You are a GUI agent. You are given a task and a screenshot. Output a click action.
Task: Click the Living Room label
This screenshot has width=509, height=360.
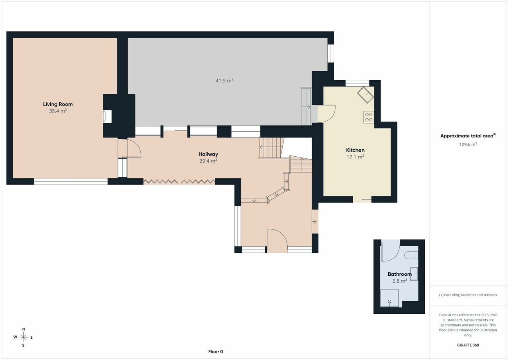pyautogui.click(x=58, y=104)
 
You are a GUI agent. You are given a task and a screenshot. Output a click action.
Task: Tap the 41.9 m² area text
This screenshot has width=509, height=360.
pyautogui.click(x=225, y=81)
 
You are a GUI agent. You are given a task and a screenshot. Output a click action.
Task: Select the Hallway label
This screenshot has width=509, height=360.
pyautogui.click(x=208, y=154)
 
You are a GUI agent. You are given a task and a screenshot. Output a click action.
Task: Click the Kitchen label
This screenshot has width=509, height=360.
pyautogui.click(x=355, y=150)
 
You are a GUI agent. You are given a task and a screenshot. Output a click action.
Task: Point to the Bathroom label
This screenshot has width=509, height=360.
pyautogui.click(x=399, y=274)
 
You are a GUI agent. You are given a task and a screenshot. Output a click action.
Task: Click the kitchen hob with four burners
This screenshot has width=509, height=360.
pyautogui.click(x=369, y=117)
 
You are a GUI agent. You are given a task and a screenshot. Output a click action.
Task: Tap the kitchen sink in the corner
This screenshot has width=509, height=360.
pyautogui.click(x=366, y=95)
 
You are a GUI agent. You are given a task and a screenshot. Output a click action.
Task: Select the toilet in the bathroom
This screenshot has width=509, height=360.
pyautogui.click(x=411, y=255)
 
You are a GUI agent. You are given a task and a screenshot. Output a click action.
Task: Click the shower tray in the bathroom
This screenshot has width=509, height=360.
pyautogui.click(x=390, y=298)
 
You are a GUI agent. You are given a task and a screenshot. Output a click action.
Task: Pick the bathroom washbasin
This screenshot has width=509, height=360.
pyautogui.click(x=414, y=274)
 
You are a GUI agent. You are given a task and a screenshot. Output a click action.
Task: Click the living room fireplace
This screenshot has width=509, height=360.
pyautogui.click(x=107, y=117)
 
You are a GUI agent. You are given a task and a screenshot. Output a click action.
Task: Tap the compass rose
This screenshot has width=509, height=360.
pyautogui.click(x=23, y=337)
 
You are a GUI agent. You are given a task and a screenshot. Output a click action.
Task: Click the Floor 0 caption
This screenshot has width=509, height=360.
pyautogui.click(x=216, y=351)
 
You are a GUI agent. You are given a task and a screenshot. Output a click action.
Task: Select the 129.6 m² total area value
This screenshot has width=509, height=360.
pyautogui.click(x=468, y=144)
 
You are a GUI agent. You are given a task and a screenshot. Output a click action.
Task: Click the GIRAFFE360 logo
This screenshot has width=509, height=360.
pyautogui.click(x=468, y=345)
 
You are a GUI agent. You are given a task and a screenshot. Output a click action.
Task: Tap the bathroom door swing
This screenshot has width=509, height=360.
pyautogui.click(x=390, y=252)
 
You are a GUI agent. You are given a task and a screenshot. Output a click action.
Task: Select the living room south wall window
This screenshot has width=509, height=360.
pyautogui.click(x=71, y=182)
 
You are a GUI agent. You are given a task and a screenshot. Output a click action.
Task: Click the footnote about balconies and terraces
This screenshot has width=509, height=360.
pyautogui.click(x=468, y=295)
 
